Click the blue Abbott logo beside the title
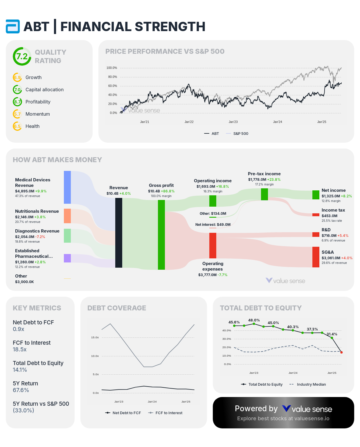(13, 26)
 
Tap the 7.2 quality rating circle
(22, 56)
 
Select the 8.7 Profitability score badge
(17, 102)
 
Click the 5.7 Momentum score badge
(17, 114)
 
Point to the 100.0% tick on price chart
(112, 68)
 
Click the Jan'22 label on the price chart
(189, 122)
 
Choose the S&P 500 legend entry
(240, 134)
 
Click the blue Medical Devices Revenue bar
(67, 187)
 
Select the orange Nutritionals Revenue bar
(67, 216)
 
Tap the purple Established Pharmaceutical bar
(67, 258)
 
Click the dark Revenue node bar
(119, 233)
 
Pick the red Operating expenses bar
(213, 245)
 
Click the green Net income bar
(316, 195)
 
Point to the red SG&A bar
(316, 257)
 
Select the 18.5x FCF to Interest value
(20, 350)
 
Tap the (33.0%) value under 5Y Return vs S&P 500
(24, 411)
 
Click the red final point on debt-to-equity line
(341, 352)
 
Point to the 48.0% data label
(254, 320)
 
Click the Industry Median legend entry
(311, 385)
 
